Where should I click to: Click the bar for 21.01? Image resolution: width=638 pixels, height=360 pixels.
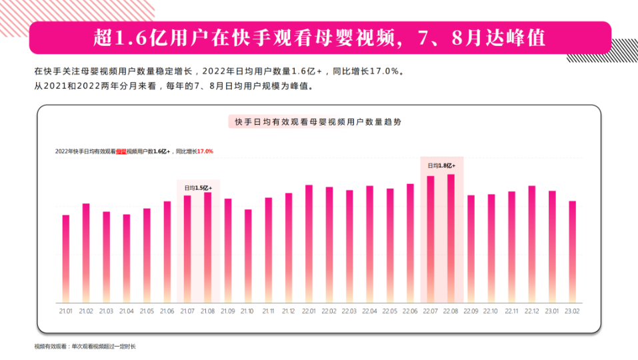(65, 259)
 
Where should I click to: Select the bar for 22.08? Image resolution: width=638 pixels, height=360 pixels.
(451, 238)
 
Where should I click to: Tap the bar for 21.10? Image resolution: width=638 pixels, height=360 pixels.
(248, 256)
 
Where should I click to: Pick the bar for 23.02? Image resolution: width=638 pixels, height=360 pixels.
(572, 251)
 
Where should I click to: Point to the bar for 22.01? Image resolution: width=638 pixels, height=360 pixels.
(309, 243)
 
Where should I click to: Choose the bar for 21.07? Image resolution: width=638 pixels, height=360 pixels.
(187, 249)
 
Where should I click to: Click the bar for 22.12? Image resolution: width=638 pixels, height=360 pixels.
(531, 244)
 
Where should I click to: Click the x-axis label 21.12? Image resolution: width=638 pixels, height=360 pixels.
(288, 311)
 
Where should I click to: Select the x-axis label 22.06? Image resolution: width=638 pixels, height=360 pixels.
(410, 311)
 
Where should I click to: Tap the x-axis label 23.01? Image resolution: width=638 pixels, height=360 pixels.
(551, 311)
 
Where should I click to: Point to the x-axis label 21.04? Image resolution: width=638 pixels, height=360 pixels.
(126, 311)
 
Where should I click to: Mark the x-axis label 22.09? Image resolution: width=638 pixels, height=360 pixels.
(471, 311)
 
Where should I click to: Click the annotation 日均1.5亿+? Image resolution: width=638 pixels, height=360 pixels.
(198, 188)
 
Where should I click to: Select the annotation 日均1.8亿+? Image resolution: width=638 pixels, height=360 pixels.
(441, 165)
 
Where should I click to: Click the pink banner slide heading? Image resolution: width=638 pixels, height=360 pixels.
(319, 38)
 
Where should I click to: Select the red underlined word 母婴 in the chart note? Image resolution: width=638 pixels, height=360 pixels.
(121, 151)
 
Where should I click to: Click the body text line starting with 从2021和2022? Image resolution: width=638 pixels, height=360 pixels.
(173, 87)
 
